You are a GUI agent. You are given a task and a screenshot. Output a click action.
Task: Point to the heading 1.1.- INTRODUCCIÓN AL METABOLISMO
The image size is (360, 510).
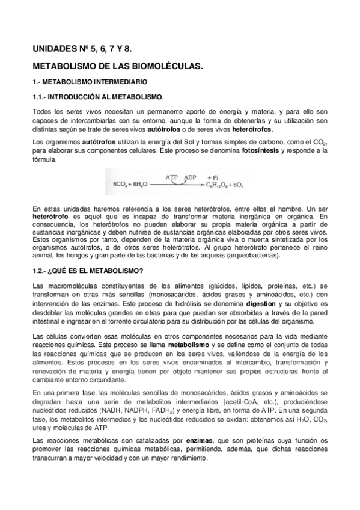tap(98, 96)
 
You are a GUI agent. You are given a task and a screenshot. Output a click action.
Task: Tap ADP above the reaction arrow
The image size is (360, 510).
tap(191, 178)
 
